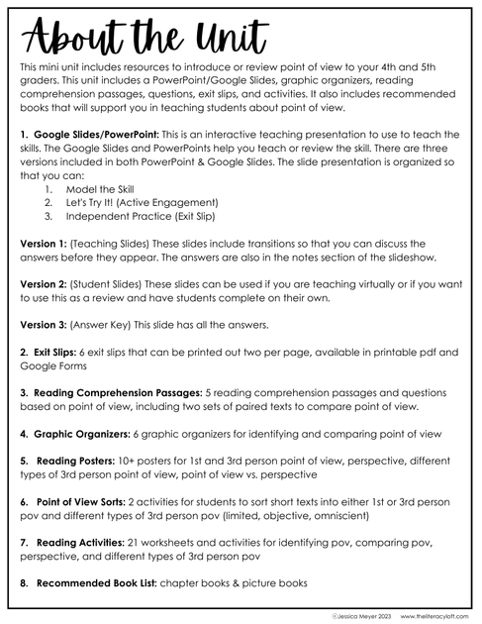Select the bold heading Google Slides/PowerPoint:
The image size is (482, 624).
pyautogui.click(x=94, y=132)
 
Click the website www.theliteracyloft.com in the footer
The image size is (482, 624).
pyautogui.click(x=421, y=615)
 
